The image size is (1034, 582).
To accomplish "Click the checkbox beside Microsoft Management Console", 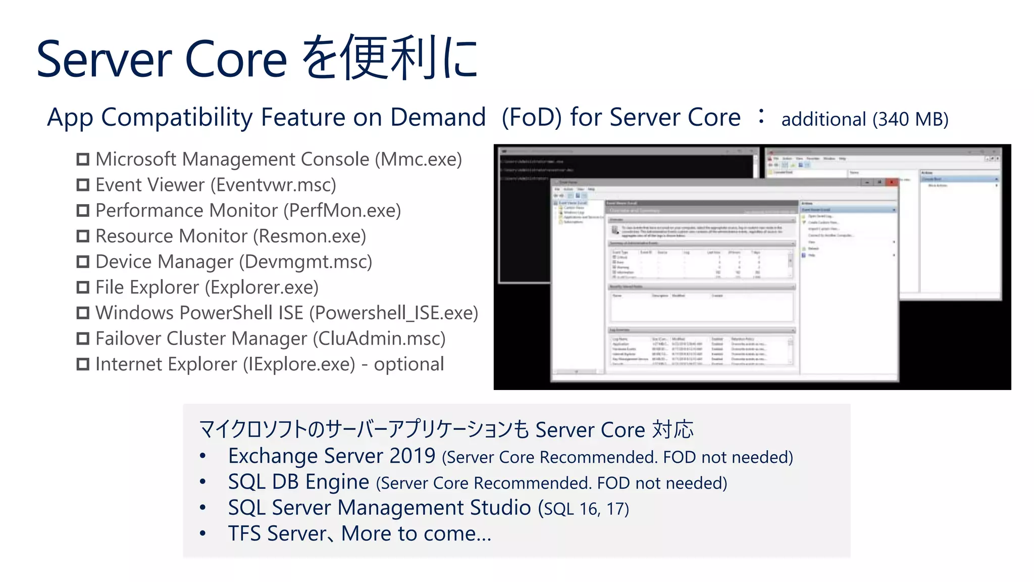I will click(83, 160).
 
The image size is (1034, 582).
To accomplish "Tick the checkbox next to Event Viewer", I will click(83, 185).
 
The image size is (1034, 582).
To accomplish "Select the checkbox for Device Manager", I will click(83, 262).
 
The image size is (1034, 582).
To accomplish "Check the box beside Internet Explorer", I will click(83, 364).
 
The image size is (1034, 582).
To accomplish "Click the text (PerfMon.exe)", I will click(342, 211).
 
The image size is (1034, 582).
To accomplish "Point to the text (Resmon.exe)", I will click(309, 236).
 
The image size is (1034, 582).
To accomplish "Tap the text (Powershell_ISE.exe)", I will click(393, 313).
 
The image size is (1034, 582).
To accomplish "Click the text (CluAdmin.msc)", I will click(379, 338).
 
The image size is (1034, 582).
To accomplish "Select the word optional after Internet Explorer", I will click(408, 364).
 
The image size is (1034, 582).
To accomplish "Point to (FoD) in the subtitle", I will click(531, 118).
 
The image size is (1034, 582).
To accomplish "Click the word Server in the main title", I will click(105, 60).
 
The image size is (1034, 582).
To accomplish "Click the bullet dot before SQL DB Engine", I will click(203, 482).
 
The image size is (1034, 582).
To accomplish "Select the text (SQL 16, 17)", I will click(583, 509).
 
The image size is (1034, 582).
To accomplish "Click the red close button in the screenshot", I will click(892, 182).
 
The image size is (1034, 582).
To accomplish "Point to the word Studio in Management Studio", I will click(500, 508).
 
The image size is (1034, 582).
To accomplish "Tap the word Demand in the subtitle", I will click(438, 118).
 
